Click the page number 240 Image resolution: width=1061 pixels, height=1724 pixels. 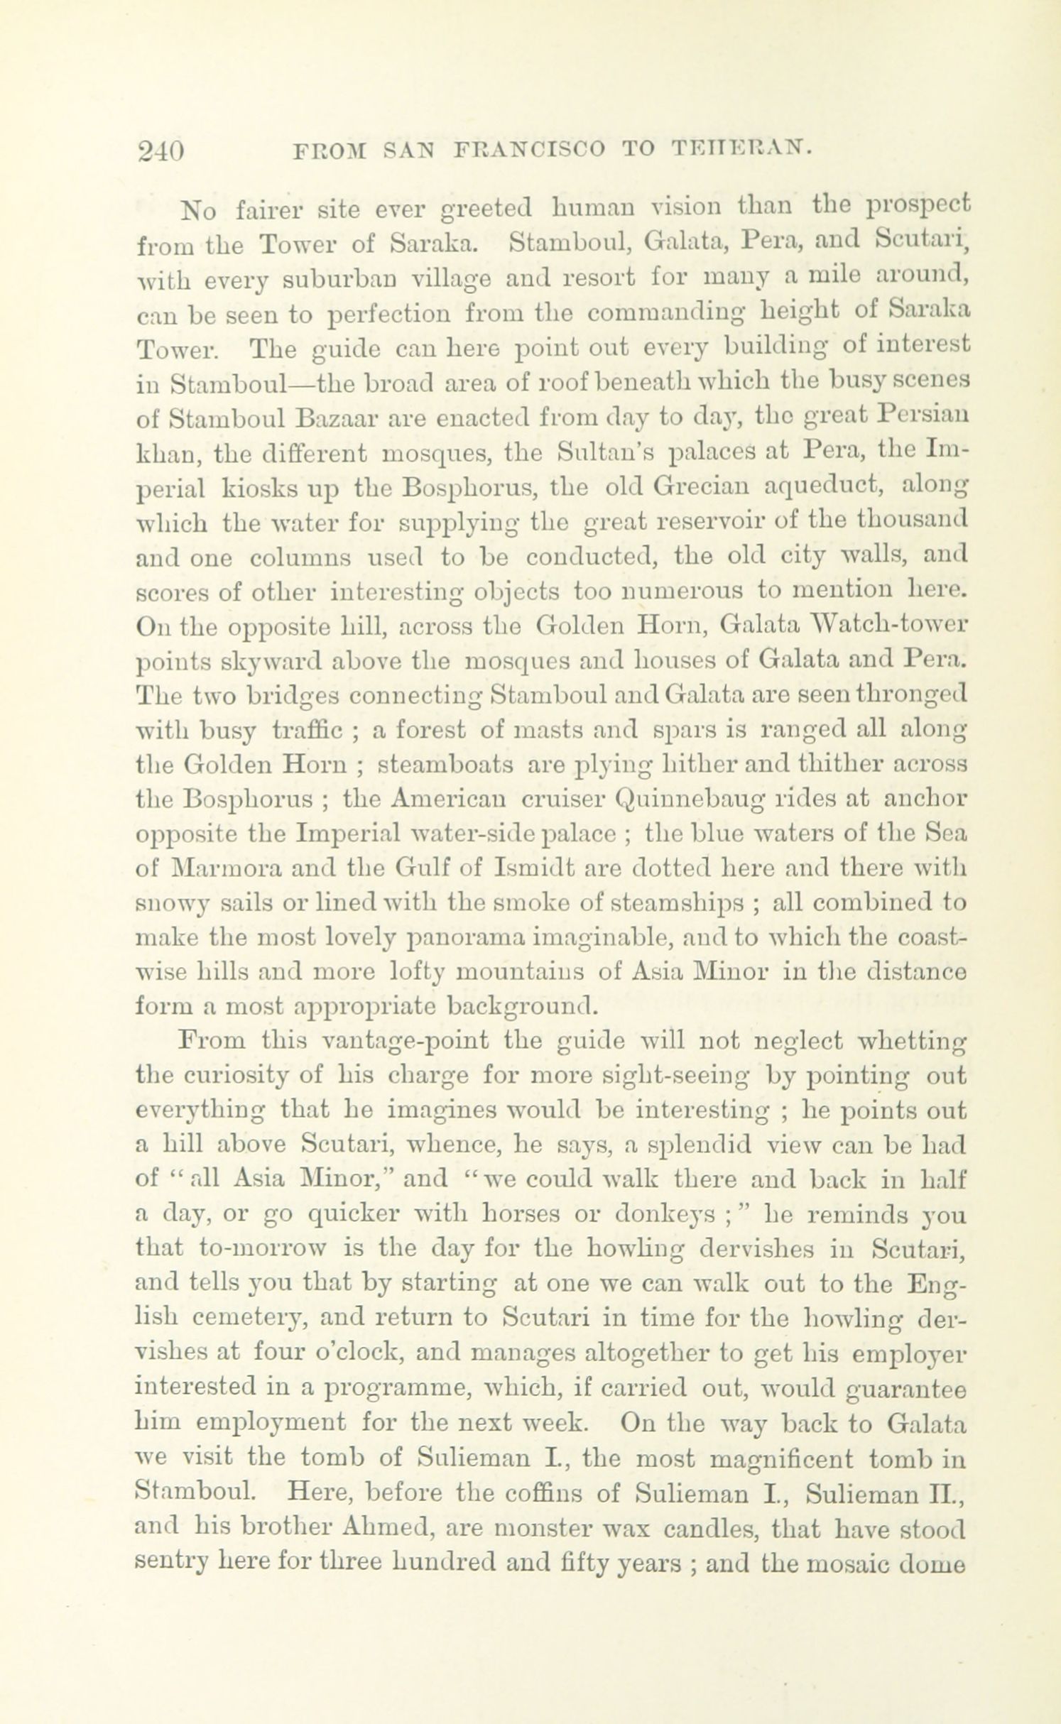(x=161, y=151)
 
